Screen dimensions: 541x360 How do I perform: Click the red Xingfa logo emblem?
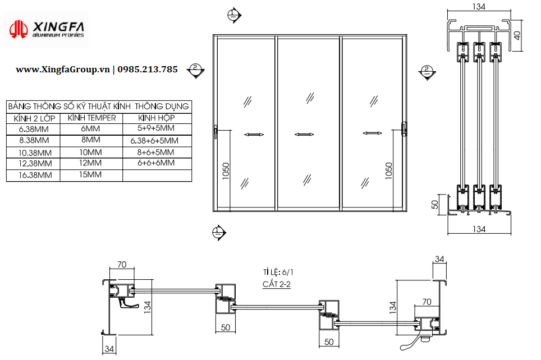tap(19, 29)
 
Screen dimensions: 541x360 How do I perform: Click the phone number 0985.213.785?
tap(148, 70)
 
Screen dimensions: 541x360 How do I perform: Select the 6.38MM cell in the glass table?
tap(34, 130)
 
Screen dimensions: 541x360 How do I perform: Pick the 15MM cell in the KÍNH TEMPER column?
tap(90, 174)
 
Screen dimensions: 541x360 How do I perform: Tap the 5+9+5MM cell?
tap(156, 128)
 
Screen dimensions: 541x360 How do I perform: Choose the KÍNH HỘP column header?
tap(157, 118)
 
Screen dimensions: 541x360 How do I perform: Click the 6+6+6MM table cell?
tap(156, 163)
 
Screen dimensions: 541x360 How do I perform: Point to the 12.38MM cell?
tap(35, 163)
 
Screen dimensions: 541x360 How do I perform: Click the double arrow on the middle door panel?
tap(304, 135)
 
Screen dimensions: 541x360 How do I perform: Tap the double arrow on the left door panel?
tap(254, 135)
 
